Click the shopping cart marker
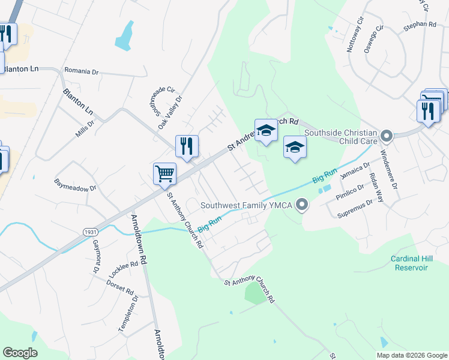point(164,173)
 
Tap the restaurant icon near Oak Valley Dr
point(187,146)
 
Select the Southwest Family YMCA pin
point(303,205)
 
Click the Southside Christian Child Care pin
point(387,136)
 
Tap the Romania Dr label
point(81,71)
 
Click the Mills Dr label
point(85,129)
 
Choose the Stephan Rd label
point(420,25)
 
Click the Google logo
point(20,353)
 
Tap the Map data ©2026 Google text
point(411,355)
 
